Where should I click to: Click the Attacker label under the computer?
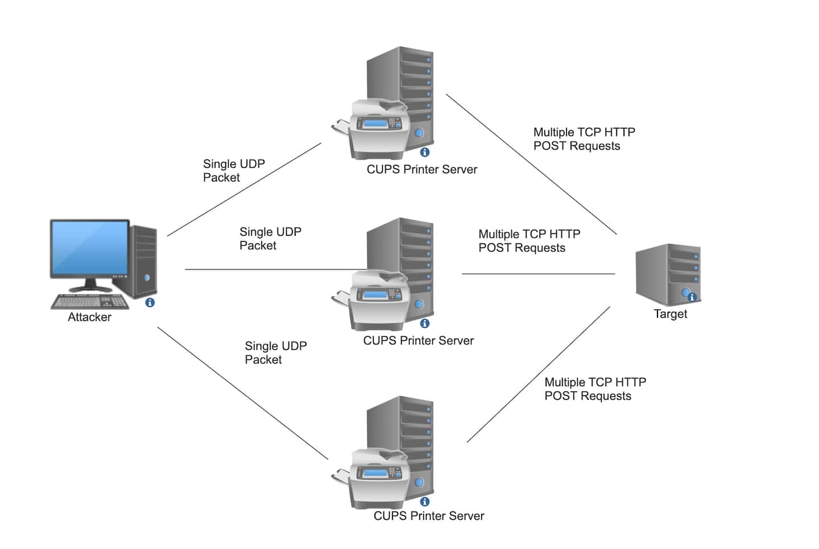point(89,317)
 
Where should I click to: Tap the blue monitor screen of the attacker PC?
point(90,247)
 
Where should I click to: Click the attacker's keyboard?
point(90,301)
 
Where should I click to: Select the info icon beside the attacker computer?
point(150,303)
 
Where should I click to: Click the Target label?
point(670,314)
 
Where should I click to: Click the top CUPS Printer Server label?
point(421,170)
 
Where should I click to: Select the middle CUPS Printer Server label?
point(418,341)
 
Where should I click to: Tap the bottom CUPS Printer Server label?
point(428,516)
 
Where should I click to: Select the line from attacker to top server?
point(244,189)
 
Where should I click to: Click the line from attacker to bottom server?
point(243,393)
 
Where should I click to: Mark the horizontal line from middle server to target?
point(538,274)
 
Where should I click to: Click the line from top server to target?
point(531,164)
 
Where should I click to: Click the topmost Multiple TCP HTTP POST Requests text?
point(584,139)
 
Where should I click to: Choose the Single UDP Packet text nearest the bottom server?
point(275,353)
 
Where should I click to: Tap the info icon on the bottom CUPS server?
point(424,502)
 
